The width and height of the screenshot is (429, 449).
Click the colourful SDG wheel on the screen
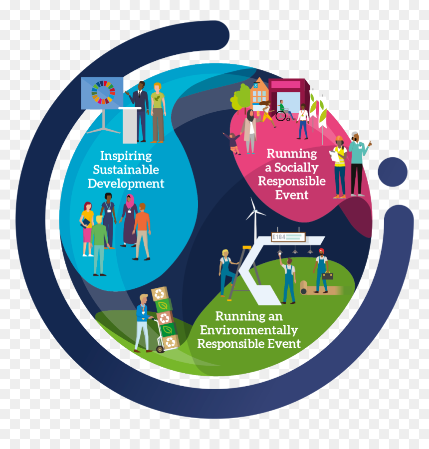[103, 92]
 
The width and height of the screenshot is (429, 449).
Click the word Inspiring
[126, 157]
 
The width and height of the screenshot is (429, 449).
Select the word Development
[126, 184]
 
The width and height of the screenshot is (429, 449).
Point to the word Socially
[296, 168]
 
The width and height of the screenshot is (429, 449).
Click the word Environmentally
[249, 330]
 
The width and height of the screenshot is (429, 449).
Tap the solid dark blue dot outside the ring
[393, 172]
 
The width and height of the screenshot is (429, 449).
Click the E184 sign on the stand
[288, 237]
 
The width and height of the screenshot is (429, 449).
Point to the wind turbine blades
[254, 210]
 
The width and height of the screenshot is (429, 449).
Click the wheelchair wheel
[281, 116]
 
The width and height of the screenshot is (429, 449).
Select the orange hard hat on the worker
[339, 138]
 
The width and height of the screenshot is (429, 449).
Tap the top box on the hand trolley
[160, 293]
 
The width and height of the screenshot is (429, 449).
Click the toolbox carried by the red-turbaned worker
[327, 276]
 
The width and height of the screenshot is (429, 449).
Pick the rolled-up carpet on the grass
[304, 287]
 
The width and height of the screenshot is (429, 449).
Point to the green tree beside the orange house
[241, 98]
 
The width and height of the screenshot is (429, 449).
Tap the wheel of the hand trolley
[160, 349]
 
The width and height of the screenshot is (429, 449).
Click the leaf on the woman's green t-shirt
[157, 98]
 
